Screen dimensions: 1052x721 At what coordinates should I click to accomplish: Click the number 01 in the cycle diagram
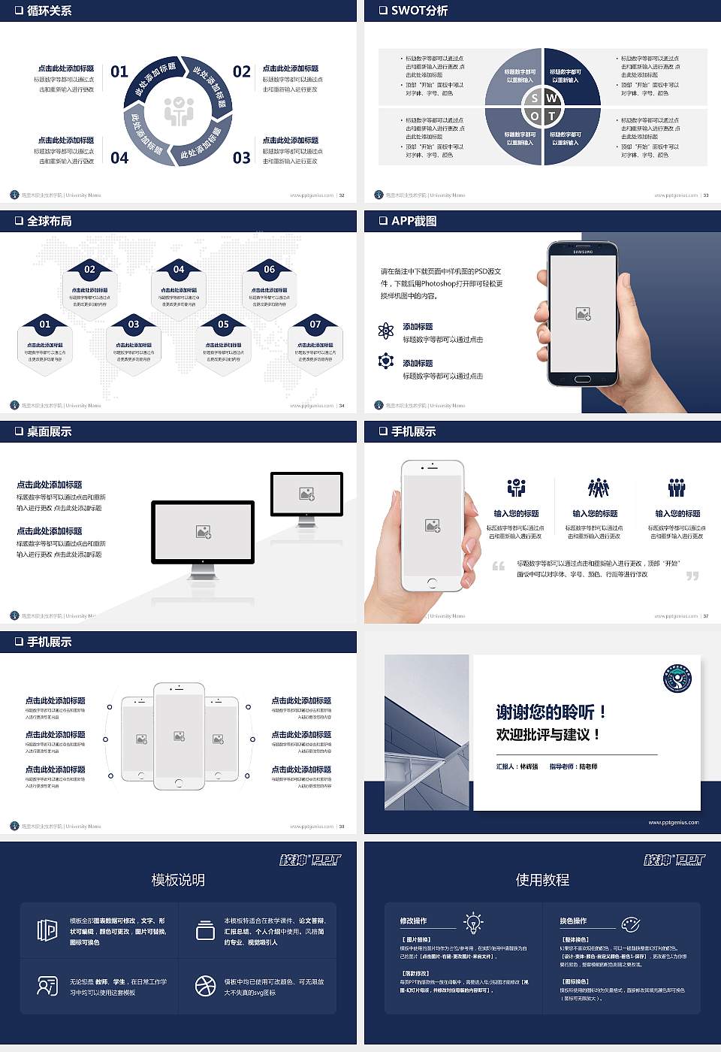click(x=119, y=71)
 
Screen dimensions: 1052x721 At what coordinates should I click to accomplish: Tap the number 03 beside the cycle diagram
click(x=241, y=158)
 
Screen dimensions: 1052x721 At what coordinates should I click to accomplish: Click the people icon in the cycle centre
click(x=179, y=111)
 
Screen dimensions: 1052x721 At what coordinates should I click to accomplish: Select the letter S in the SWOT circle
click(x=534, y=98)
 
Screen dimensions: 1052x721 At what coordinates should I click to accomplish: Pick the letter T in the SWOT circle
click(x=552, y=116)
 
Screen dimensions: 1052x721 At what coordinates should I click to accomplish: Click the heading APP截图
click(x=414, y=221)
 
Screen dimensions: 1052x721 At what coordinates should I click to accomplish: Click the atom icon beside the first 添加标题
click(x=386, y=331)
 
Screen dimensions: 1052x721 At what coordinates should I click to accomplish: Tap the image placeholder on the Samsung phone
click(x=583, y=314)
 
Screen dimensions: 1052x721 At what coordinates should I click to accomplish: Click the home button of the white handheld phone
click(x=432, y=582)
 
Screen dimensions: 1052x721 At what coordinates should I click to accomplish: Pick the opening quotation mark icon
click(x=499, y=566)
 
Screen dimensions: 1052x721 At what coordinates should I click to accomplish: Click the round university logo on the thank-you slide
click(x=677, y=679)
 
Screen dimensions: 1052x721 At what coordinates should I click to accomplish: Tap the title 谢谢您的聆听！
click(x=551, y=712)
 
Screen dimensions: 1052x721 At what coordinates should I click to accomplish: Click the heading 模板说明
click(x=178, y=880)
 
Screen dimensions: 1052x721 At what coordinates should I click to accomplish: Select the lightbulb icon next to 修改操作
click(x=473, y=922)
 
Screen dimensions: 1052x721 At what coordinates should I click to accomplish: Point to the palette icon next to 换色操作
click(x=630, y=924)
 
